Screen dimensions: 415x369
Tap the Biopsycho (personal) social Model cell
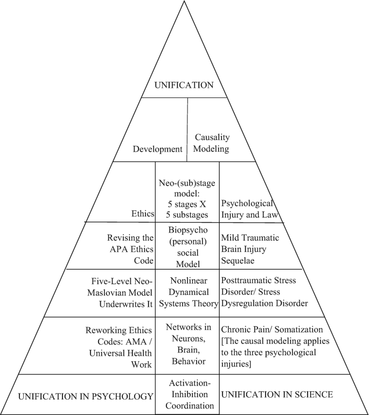pyautogui.click(x=187, y=245)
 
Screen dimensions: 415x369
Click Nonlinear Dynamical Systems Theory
pyautogui.click(x=187, y=292)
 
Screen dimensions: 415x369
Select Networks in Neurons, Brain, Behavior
pyautogui.click(x=187, y=345)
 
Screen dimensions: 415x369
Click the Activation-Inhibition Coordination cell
pyautogui.click(x=187, y=396)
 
